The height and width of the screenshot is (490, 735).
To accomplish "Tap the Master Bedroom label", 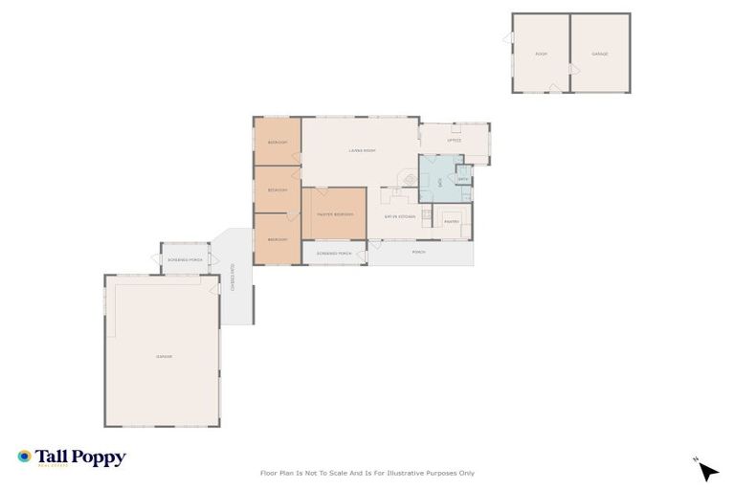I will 335,214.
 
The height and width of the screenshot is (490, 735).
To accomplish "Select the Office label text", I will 455,141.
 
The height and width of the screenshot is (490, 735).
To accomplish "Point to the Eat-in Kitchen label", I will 398,215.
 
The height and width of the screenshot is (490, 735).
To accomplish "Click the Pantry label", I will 453,222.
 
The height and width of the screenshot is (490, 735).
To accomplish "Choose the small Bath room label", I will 463,179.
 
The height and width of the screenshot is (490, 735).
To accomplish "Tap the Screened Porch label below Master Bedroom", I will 334,253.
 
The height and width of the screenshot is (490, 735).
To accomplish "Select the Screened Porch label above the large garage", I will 185,259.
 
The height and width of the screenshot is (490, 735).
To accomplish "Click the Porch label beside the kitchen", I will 418,253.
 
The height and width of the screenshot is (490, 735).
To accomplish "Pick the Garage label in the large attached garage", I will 164,356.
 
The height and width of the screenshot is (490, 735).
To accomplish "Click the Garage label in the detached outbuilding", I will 600,54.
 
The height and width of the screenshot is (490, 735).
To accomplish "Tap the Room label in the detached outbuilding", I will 541,54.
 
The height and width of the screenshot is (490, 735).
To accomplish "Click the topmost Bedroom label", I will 278,143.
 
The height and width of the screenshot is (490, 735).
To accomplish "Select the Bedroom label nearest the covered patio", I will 278,238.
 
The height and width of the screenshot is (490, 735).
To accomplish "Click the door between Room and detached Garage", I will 572,71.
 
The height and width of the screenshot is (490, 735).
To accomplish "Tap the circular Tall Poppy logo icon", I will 25,457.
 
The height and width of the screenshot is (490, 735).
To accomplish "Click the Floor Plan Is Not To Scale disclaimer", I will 367,473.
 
